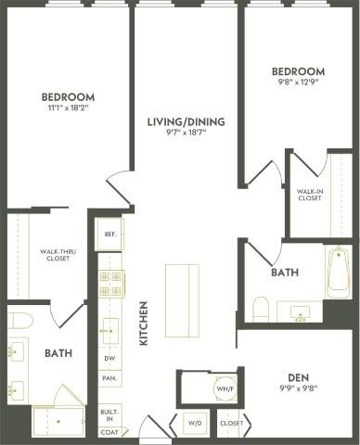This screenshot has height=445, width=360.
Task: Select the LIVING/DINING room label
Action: point(186,121)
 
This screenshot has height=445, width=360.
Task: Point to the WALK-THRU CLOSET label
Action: point(57,255)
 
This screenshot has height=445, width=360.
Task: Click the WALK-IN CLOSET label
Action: point(309,195)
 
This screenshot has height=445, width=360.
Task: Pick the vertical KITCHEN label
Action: point(144,323)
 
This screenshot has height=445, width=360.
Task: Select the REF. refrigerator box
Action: point(109,234)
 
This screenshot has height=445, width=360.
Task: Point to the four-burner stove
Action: point(111,283)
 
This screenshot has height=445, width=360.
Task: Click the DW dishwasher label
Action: point(109,359)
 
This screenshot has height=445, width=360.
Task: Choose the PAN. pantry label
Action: point(109,378)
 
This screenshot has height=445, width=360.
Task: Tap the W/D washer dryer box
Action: point(195,423)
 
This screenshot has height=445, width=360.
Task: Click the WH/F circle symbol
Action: point(225,388)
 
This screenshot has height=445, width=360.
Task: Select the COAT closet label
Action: point(109,432)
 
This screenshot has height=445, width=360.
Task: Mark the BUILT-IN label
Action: point(109,413)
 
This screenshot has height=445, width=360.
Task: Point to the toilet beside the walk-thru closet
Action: point(20,321)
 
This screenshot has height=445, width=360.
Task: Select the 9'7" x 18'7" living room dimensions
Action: point(186,133)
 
